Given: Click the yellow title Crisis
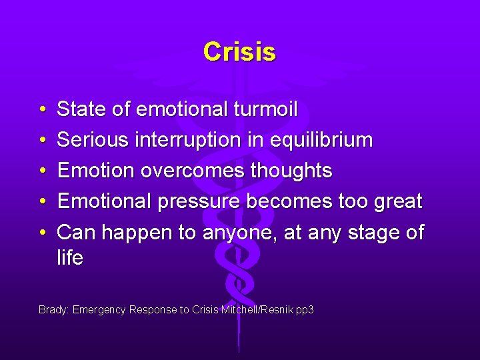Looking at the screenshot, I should point(239,51).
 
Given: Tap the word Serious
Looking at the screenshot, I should point(93,140).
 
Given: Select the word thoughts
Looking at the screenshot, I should point(291,171).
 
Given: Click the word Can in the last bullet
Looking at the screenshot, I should point(75,232).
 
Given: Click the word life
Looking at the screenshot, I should point(70,259).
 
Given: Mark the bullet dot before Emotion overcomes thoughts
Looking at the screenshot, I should point(42,171).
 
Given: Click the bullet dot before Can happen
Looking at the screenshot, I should point(42,233).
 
